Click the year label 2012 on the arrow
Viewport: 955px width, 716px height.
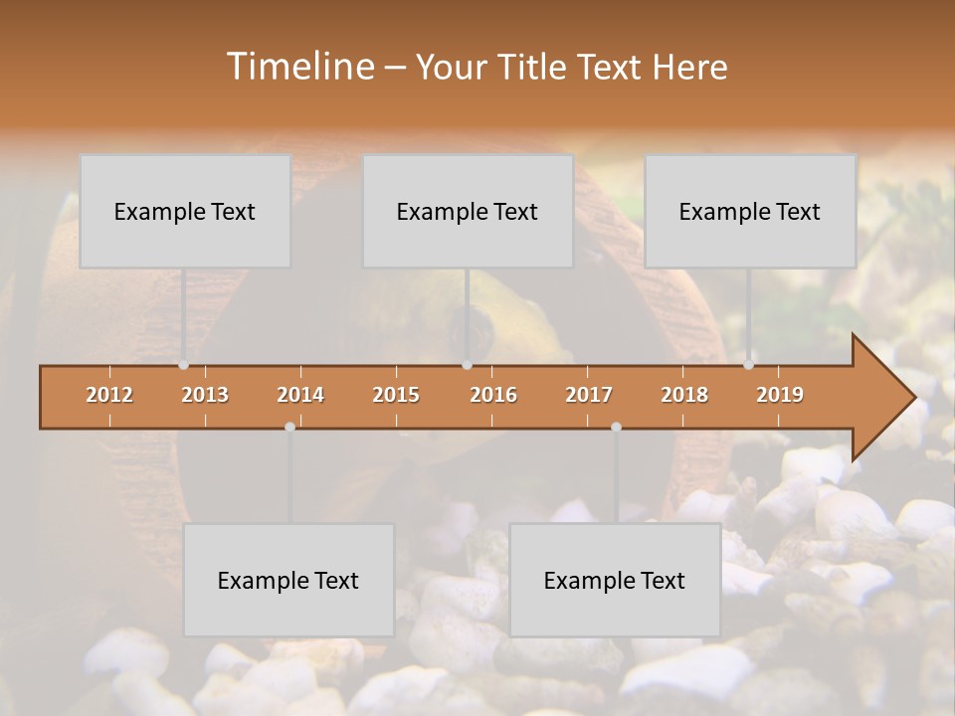point(109,395)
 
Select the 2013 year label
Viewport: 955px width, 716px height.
point(205,395)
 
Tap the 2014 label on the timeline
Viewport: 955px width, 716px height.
point(300,395)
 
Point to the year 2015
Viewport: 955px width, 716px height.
point(396,395)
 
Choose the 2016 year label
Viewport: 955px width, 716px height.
point(493,395)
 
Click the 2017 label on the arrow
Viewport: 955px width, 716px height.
point(589,395)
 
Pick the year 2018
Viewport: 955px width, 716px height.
point(684,395)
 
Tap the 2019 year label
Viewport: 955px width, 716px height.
point(780,395)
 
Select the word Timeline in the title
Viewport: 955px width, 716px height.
point(299,67)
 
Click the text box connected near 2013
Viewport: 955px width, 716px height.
point(185,211)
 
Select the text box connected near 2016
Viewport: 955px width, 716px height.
point(468,211)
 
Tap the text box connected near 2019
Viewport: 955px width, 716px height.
point(750,211)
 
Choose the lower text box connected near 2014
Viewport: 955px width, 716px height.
point(288,580)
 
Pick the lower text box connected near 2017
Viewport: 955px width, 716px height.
point(615,580)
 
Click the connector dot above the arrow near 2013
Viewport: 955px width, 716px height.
point(183,365)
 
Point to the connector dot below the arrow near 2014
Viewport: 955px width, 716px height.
point(289,427)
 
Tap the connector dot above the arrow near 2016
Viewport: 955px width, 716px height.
point(467,365)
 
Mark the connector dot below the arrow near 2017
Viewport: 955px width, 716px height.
point(616,427)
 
